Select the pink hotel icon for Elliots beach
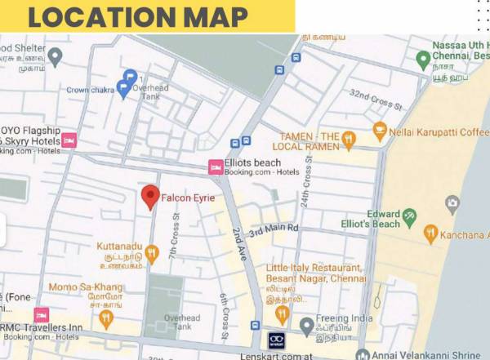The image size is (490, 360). (216, 167)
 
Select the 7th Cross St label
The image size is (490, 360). (174, 237)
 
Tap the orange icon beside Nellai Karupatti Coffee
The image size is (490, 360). (380, 131)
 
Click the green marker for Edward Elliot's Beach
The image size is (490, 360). (409, 217)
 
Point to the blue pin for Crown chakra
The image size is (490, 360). (123, 89)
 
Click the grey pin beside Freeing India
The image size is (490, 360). (306, 327)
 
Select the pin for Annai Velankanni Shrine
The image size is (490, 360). (360, 353)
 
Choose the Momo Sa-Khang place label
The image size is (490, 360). (86, 287)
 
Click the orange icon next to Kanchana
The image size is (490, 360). (431, 235)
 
